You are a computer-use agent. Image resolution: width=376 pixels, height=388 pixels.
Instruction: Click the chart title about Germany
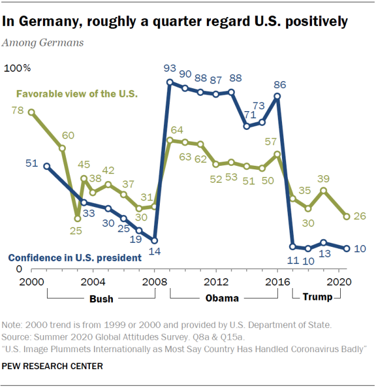176,22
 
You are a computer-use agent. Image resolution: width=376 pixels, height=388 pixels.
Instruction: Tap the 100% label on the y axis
18,69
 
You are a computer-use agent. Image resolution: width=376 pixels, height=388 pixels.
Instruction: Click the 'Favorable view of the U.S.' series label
77,94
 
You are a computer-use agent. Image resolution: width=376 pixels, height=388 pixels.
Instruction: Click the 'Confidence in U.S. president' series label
75,257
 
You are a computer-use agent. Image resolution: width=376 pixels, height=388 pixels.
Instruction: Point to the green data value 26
360,216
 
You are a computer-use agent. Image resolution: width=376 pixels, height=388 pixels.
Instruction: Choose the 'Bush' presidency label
101,299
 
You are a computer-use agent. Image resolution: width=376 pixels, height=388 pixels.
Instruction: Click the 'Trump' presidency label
317,297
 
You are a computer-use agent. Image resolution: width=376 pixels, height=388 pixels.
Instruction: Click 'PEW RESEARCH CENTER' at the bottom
52,366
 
